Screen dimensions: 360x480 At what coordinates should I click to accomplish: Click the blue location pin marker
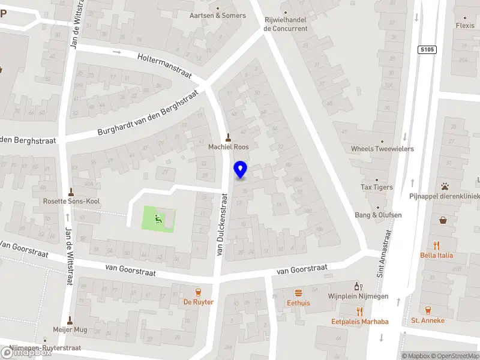tap(241, 169)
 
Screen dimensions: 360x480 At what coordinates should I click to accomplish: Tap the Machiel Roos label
tap(228, 146)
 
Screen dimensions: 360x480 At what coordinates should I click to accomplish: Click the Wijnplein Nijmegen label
tap(359, 296)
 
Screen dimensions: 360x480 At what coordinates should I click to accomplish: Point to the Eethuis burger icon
tap(298, 293)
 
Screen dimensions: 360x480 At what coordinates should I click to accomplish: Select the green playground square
tap(159, 219)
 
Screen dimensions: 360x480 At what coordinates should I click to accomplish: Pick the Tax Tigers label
tap(377, 187)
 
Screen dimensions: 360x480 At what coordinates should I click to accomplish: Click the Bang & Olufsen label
tap(378, 215)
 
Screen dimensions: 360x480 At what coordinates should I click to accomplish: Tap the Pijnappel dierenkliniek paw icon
tap(445, 186)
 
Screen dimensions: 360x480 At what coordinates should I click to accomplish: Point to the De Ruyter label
tap(198, 302)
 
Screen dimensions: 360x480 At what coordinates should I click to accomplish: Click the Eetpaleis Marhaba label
tap(360, 322)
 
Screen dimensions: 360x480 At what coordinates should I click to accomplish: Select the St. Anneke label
tap(428, 320)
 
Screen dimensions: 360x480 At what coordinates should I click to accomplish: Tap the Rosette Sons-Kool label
tap(71, 202)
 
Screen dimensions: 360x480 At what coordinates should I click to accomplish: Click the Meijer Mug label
tap(71, 329)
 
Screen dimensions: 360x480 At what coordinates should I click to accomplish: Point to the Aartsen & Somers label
tap(217, 16)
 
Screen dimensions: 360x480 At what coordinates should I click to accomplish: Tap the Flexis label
tap(464, 26)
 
